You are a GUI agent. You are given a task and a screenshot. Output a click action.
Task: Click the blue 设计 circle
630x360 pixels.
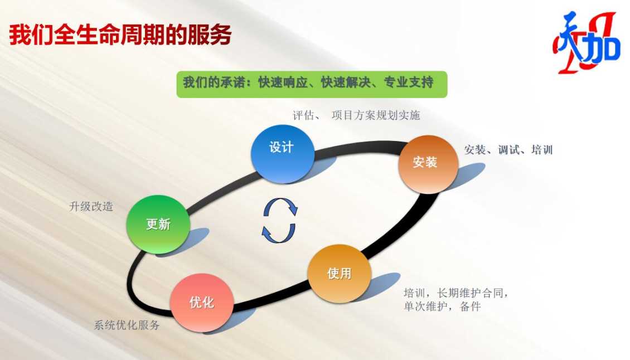pyautogui.click(x=283, y=154)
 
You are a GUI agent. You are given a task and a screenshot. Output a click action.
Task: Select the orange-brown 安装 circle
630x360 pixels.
pyautogui.click(x=428, y=164)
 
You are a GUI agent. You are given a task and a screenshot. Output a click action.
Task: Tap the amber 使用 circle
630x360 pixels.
pyautogui.click(x=340, y=274)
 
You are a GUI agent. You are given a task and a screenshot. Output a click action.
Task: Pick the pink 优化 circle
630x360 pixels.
pyautogui.click(x=202, y=303)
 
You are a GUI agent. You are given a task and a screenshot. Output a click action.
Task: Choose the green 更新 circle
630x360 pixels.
pyautogui.click(x=158, y=224)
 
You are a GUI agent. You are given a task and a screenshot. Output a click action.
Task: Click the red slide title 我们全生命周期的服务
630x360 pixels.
pyautogui.click(x=120, y=35)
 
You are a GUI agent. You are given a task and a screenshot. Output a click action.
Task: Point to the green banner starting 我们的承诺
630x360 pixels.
pyautogui.click(x=312, y=84)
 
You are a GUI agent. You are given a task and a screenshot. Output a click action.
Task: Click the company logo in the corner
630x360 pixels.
pyautogui.click(x=587, y=43)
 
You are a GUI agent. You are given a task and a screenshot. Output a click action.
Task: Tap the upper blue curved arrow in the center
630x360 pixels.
pyautogui.click(x=281, y=203)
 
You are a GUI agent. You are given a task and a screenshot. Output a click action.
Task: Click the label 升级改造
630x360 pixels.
pyautogui.click(x=91, y=207)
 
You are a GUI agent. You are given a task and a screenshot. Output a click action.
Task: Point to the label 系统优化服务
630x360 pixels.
pyautogui.click(x=127, y=325)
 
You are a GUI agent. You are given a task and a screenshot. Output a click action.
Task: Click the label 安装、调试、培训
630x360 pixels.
pyautogui.click(x=508, y=150)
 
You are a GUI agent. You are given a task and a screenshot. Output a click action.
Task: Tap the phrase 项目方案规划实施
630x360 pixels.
pyautogui.click(x=376, y=116)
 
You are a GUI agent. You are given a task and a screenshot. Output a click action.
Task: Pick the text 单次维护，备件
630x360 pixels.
pyautogui.click(x=442, y=307)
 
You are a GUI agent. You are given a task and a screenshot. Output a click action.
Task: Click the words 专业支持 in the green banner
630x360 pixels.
pyautogui.click(x=408, y=82)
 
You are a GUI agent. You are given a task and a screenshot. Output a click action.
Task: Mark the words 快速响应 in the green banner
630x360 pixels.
pyautogui.click(x=283, y=82)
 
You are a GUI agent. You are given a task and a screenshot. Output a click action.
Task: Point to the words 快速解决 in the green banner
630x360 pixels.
pyautogui.click(x=346, y=82)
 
